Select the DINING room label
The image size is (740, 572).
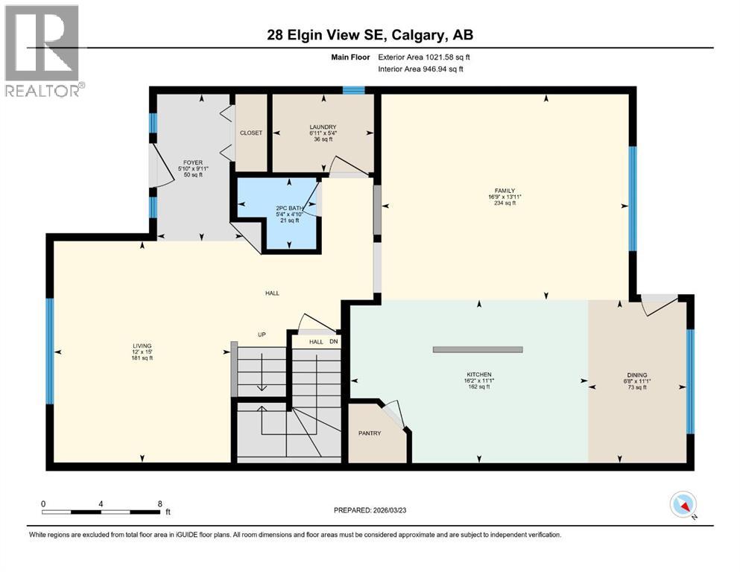coord(638,375)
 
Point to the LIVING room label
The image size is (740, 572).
coord(142,346)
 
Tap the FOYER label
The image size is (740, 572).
coord(193,162)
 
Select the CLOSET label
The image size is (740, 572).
coord(251,133)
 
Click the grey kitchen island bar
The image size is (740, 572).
coord(478,349)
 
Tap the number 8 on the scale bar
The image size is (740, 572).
coord(159,503)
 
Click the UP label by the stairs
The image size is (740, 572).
coord(262,334)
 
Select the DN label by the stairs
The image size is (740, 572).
coord(334,341)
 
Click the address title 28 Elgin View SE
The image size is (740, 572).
coord(370,34)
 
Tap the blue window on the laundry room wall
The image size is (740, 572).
coord(353,91)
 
